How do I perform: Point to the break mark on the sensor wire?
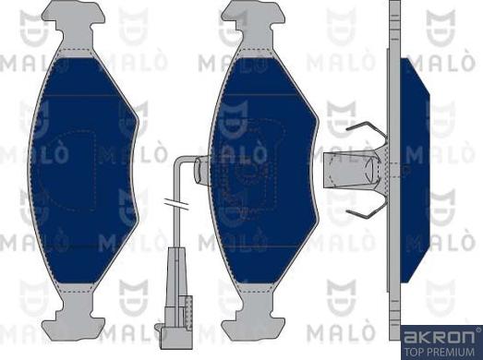tap(174, 204)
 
